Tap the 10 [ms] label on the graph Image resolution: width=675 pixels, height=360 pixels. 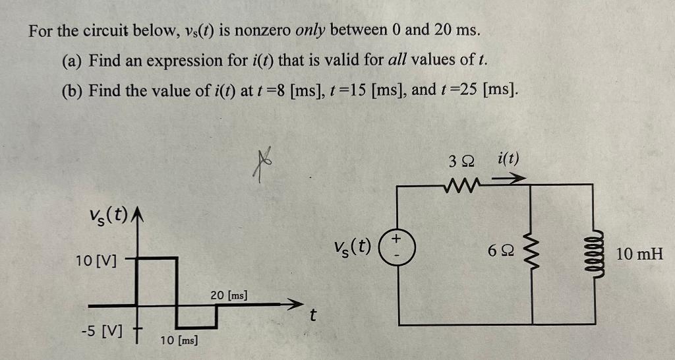(x=180, y=340)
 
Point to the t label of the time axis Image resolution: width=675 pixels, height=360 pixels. (x=312, y=317)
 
